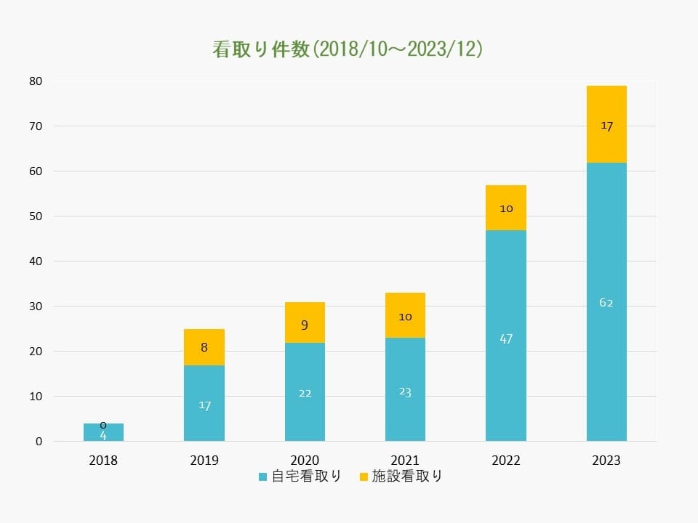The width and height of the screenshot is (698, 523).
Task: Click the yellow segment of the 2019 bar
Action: coord(204,347)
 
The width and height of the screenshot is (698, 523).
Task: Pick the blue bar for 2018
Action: coord(103,433)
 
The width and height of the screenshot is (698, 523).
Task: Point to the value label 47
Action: coord(506,338)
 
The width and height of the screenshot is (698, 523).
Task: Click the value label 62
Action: coord(606,302)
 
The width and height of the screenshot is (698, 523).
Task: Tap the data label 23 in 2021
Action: coord(405,392)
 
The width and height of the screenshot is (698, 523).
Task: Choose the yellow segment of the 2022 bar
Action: coord(506,208)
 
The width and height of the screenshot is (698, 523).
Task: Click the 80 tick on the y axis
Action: coord(36,81)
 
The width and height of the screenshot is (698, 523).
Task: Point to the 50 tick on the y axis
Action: coord(36,216)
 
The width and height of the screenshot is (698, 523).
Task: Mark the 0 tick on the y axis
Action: coord(39,442)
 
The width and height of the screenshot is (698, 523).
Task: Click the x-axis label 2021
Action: coord(405,461)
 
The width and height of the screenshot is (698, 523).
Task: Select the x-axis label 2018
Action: coord(103,461)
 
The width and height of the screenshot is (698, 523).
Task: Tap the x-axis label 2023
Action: coord(606,461)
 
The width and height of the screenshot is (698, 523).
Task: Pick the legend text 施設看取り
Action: coord(406,477)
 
